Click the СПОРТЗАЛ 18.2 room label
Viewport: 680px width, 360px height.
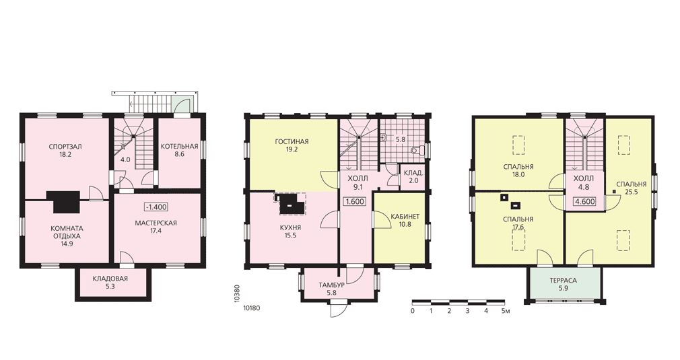(65, 150)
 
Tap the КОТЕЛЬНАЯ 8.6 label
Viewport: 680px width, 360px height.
(179, 150)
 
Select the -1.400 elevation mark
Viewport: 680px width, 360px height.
(156, 207)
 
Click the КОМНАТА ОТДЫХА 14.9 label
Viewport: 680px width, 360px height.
(67, 236)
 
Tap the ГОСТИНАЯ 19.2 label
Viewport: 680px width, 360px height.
(292, 145)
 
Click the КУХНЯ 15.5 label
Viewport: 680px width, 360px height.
(291, 231)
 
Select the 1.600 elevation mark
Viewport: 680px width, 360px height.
(354, 202)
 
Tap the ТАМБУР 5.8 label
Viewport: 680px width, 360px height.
(332, 289)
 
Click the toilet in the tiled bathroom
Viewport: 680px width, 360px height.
(416, 150)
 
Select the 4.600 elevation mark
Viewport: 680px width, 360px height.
(584, 201)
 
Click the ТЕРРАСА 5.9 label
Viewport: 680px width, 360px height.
(563, 284)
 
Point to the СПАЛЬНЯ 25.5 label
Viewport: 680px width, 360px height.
(631, 188)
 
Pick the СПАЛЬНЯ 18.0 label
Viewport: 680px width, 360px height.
(518, 171)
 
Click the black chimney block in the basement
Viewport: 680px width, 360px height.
(67, 201)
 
